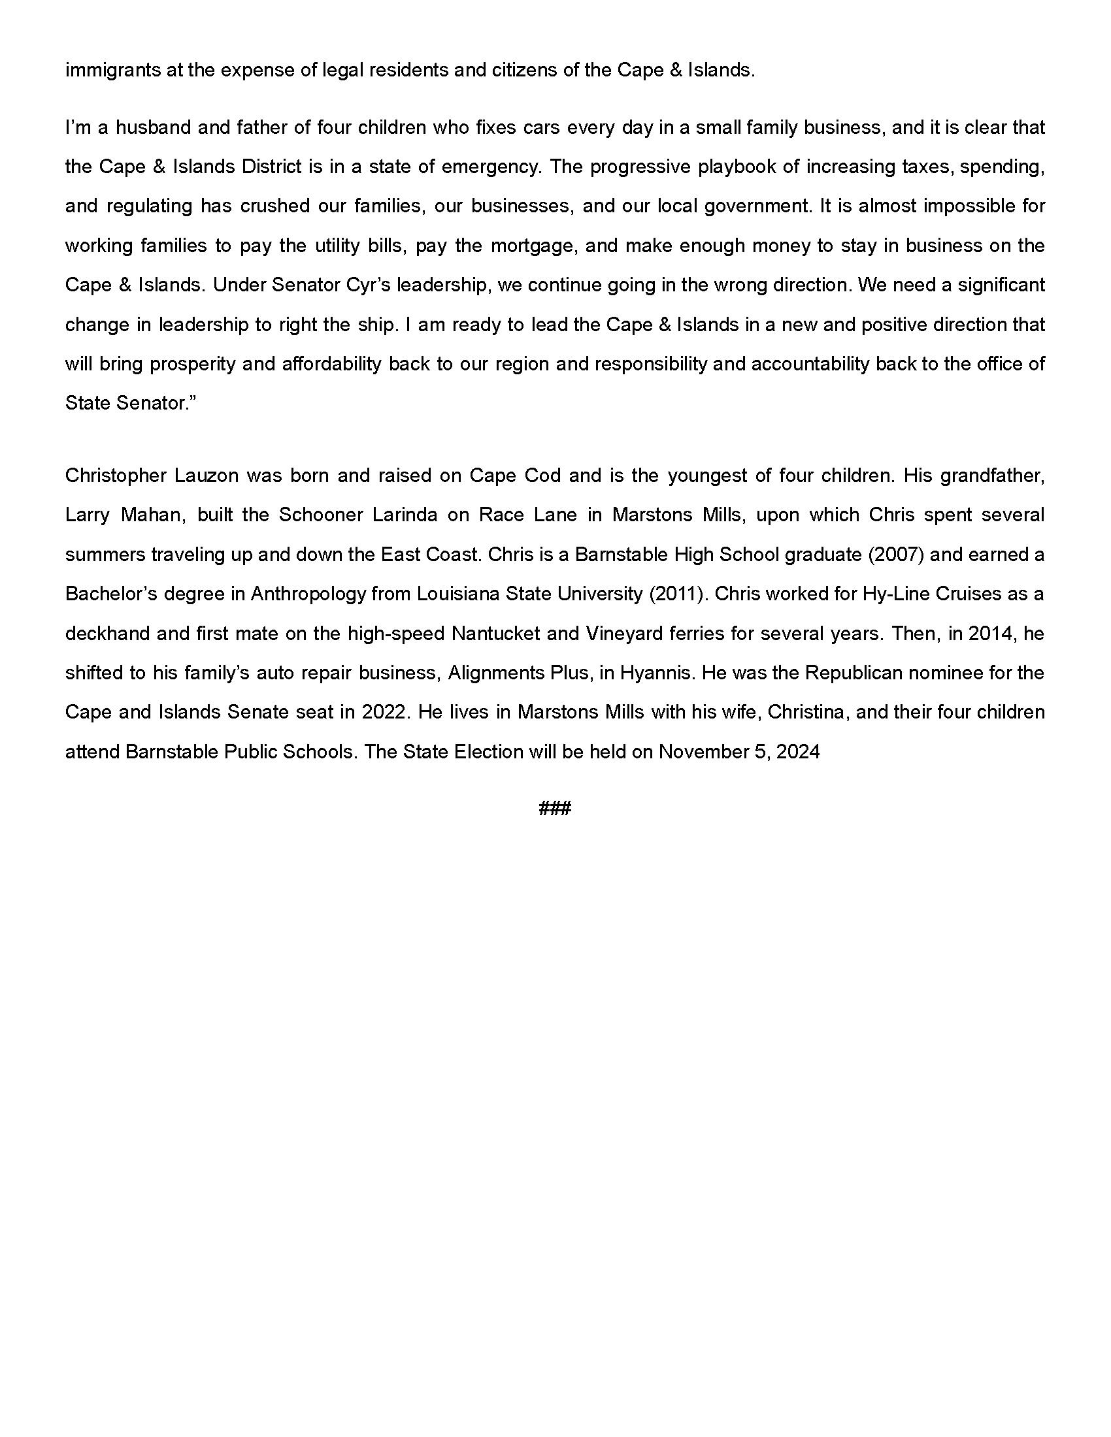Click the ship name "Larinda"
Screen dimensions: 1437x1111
click(405, 515)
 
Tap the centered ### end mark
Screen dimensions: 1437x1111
click(555, 808)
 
